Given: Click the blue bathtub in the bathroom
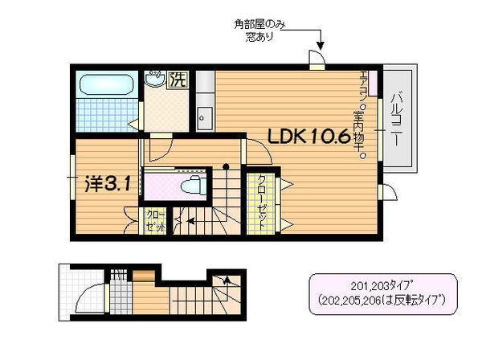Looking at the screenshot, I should (x=106, y=84).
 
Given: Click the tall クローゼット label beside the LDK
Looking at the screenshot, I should (x=262, y=200).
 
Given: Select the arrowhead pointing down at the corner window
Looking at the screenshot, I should (x=320, y=43).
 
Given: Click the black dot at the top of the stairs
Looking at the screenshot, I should (x=227, y=167).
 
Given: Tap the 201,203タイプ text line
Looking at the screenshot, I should (x=382, y=284).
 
